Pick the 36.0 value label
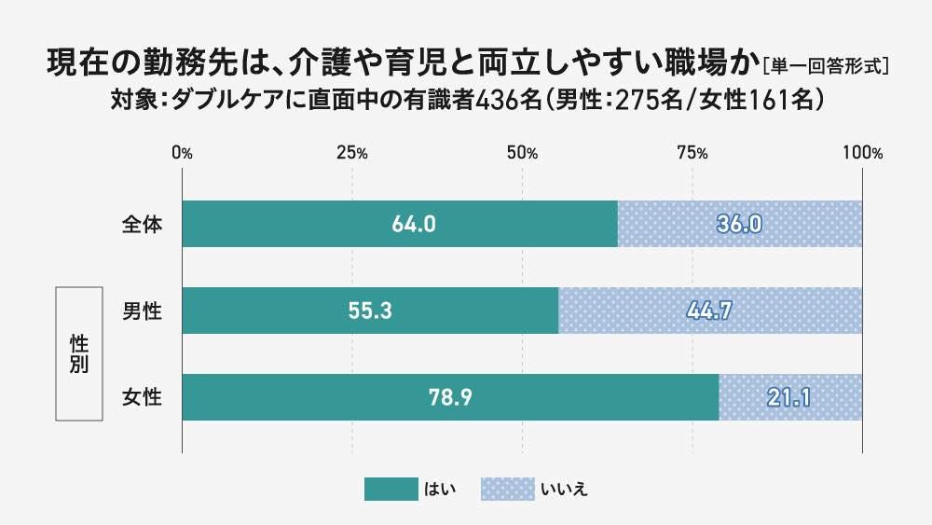click(x=740, y=225)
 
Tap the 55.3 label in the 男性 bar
click(x=369, y=311)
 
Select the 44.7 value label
click(x=710, y=311)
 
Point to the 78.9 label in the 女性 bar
click(x=450, y=398)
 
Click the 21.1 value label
click(x=789, y=398)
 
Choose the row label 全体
click(x=143, y=225)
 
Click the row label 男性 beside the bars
click(x=143, y=311)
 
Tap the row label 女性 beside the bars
click(x=143, y=398)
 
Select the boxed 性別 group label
click(x=79, y=354)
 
